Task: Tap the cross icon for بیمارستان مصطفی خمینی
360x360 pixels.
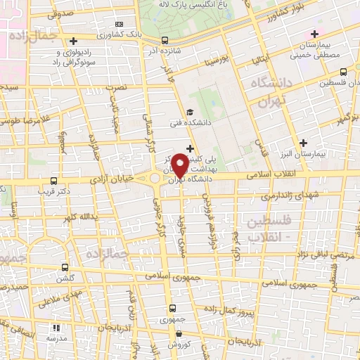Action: pos(314,34)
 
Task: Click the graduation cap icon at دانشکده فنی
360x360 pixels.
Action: pos(189,112)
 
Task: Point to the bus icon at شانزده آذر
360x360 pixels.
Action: pos(165,40)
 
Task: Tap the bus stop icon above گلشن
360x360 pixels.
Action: pos(65,267)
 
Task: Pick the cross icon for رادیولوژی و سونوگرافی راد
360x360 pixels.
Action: pos(75,41)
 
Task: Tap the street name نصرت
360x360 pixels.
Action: pos(120,87)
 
